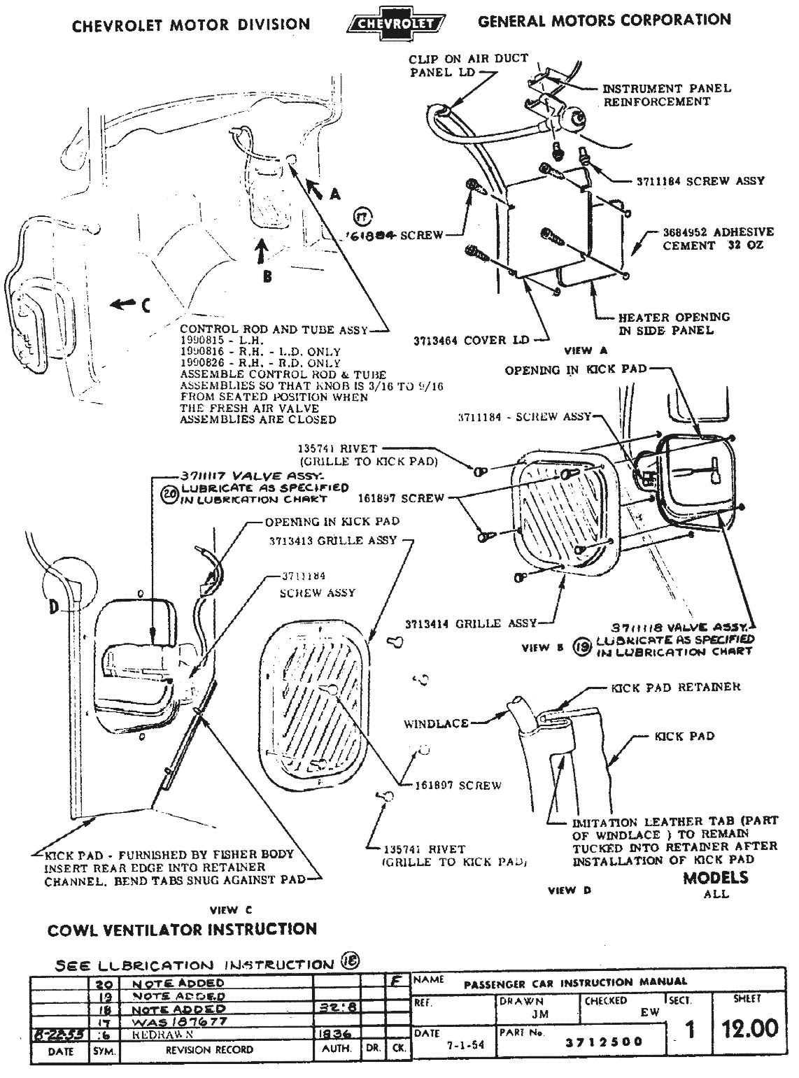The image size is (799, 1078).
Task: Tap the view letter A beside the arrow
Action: click(x=334, y=194)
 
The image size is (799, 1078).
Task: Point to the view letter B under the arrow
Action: click(x=267, y=276)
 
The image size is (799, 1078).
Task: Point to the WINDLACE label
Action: click(x=436, y=723)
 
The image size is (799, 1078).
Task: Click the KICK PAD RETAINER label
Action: click(x=675, y=688)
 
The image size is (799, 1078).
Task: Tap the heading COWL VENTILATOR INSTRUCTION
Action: click(x=182, y=930)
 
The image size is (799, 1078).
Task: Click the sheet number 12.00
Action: click(x=748, y=1028)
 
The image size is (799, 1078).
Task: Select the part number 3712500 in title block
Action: click(x=604, y=1041)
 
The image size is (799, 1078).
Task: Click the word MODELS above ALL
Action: click(x=716, y=878)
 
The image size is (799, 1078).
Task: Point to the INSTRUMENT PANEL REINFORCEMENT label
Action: click(x=667, y=95)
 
